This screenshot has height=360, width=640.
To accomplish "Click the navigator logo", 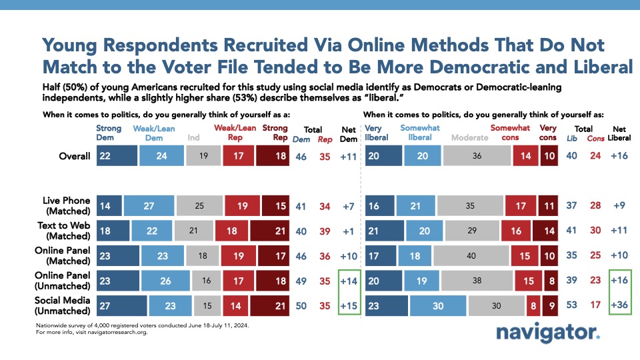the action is (x=548, y=333).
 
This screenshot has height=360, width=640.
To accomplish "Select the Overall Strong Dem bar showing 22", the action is (x=117, y=155).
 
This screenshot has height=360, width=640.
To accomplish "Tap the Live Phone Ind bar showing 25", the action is (x=199, y=206).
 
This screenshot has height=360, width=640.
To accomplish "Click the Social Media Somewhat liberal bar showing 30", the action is (x=438, y=306).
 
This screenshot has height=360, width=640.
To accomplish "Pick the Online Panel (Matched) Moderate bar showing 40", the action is (x=471, y=256).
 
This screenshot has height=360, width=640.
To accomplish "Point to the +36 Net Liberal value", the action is (x=619, y=305).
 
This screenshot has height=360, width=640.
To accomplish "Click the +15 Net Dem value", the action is (x=349, y=306).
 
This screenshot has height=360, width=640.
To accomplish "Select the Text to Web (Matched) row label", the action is (x=64, y=231).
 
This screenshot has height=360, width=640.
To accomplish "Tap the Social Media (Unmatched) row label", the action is (x=63, y=305).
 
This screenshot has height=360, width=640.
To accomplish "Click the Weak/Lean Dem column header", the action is (x=154, y=133).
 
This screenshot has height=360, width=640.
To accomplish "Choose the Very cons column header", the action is (x=547, y=133).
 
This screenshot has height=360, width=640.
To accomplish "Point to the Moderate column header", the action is (x=470, y=137).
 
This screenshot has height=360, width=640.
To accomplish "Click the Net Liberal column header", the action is (x=619, y=133).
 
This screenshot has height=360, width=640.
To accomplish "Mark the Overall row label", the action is (x=74, y=156).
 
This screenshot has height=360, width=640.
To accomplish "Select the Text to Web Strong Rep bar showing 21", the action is (x=270, y=231).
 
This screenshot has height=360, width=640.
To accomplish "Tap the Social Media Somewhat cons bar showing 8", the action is (x=533, y=306).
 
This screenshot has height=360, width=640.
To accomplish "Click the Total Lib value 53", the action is (x=571, y=305).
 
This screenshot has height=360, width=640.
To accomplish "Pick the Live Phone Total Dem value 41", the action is (x=301, y=206).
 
